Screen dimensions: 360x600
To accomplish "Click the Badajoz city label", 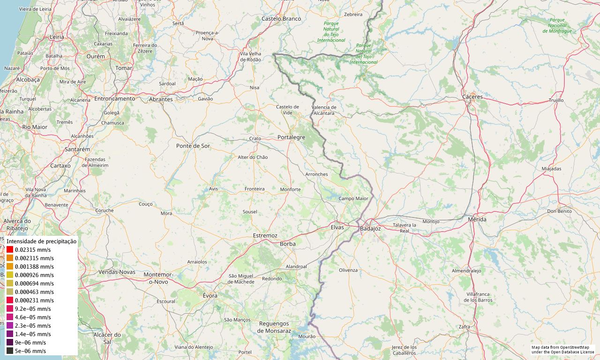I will tap(370, 229).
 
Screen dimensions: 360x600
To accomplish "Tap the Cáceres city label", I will tap(472, 97).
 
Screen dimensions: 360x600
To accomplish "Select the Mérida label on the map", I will tap(477, 219).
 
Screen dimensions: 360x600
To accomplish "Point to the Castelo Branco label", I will tap(281, 19).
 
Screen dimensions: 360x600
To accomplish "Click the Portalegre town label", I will tap(291, 137).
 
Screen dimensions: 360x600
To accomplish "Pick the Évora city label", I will tap(210, 296).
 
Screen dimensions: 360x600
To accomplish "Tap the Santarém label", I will tap(77, 150).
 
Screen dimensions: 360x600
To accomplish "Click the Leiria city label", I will tap(57, 37).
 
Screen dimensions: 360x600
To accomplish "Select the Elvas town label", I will tap(337, 227).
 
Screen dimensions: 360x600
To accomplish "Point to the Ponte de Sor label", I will tap(193, 146).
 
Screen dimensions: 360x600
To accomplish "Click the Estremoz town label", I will tap(265, 235).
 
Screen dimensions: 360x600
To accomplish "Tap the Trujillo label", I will tap(556, 100).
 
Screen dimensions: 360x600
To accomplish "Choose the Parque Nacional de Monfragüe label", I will tap(557, 25).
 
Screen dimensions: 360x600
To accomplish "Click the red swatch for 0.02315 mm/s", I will tap(10, 250).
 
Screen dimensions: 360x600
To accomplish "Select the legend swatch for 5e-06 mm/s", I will tap(10, 351).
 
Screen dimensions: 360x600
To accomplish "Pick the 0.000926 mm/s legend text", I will tap(34, 275).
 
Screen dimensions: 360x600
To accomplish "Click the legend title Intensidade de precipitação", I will tap(41, 241).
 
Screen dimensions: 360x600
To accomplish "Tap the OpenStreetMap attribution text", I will tap(562, 350).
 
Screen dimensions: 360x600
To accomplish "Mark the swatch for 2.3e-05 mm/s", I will tap(10, 326).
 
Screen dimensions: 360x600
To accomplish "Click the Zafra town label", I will tap(464, 327).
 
